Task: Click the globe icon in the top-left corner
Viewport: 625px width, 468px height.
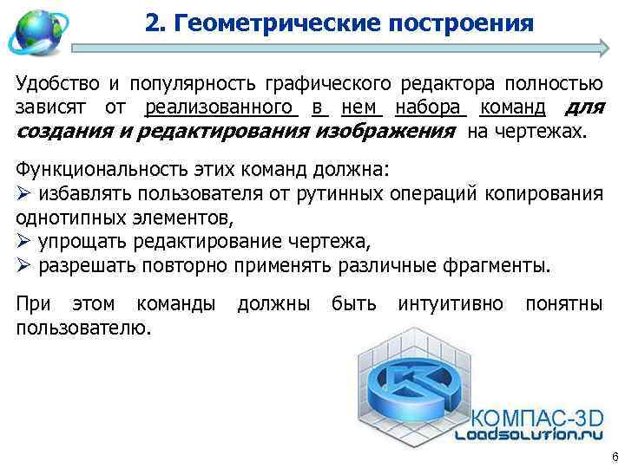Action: (33, 31)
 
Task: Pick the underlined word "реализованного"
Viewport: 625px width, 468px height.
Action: (218, 108)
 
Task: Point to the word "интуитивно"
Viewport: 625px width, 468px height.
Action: (451, 304)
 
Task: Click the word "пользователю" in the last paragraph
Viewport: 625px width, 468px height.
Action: (84, 328)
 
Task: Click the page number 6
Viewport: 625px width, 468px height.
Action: (613, 457)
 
